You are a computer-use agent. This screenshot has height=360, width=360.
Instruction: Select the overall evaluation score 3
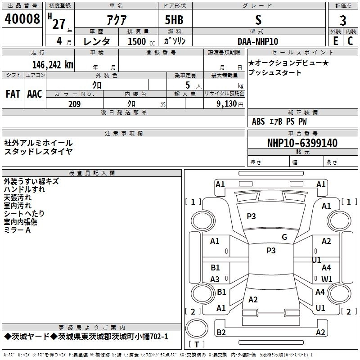(x=343, y=20)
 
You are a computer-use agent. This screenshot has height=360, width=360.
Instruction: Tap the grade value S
(x=258, y=20)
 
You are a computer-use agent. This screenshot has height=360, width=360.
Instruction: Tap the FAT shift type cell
(x=13, y=94)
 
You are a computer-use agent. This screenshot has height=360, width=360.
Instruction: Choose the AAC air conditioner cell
(x=35, y=94)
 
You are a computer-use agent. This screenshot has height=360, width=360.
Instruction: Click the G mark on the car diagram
(x=284, y=237)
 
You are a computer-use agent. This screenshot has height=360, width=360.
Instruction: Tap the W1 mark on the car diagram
(x=327, y=279)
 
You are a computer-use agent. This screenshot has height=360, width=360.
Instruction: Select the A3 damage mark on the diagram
(x=215, y=279)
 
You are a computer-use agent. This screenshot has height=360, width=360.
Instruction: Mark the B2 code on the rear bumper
(x=221, y=333)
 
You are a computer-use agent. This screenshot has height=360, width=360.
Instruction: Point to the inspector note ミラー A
(x=17, y=229)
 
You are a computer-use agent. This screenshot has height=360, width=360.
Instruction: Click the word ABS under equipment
(x=258, y=121)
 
